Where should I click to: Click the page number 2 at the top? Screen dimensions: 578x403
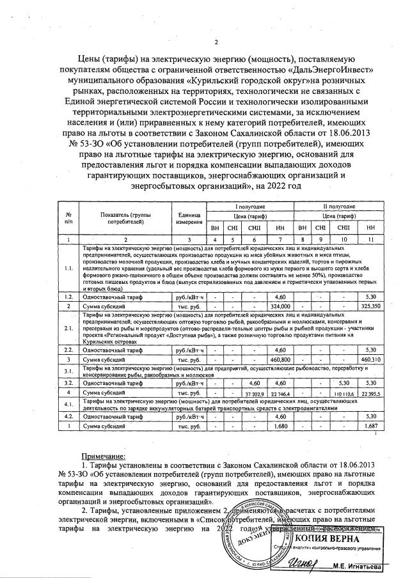pyautogui.click(x=216, y=43)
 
